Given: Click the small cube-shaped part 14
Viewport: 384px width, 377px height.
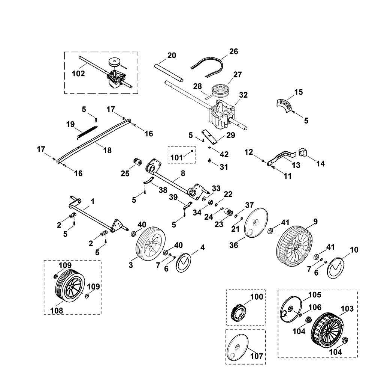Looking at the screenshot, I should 303,152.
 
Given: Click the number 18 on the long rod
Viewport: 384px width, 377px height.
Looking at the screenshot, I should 107,150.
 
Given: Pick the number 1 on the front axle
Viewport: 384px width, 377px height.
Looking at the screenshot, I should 93,202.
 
